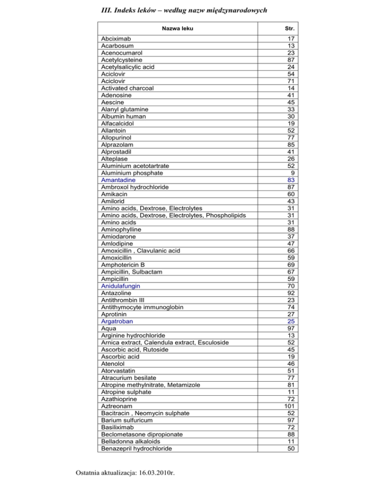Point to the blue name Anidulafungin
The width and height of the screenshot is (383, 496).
tap(120, 286)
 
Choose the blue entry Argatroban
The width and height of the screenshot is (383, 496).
tap(117, 322)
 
